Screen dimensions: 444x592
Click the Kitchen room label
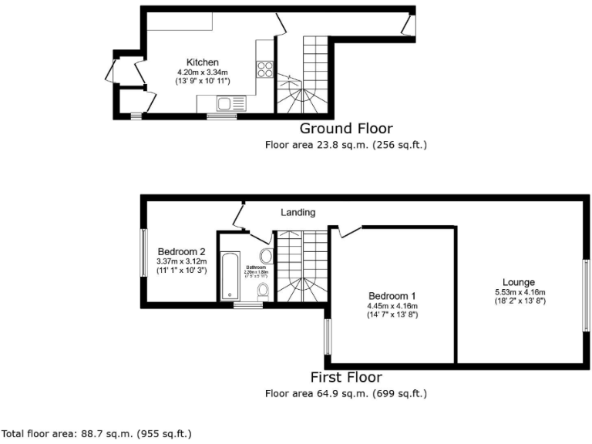coord(203,62)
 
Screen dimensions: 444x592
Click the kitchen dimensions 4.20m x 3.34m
coord(203,72)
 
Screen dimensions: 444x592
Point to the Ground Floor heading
coord(345,129)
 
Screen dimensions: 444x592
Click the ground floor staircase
coord(304,73)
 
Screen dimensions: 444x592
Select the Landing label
coord(298,212)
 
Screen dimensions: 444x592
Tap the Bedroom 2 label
coord(181,251)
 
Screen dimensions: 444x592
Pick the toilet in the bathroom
coord(263,290)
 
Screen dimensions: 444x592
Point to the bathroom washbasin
coord(266,256)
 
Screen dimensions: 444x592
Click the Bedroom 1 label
coord(392,296)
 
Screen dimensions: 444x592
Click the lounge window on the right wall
coord(585,295)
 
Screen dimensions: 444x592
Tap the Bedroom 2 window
coord(143,252)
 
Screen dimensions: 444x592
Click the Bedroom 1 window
coord(328,338)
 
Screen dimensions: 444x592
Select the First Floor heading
coord(345,378)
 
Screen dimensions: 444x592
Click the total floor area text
coord(96,433)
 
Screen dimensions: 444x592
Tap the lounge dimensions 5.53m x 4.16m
coord(520,292)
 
